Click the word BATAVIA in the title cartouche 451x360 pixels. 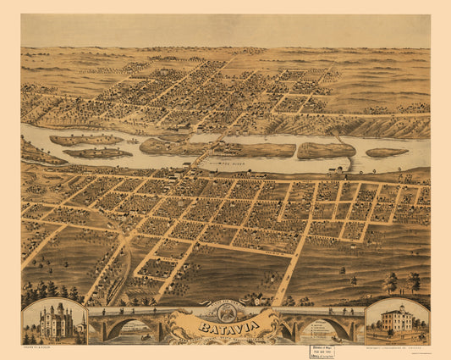pyautogui.click(x=224, y=324)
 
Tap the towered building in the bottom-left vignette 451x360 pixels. pyautogui.click(x=56, y=322)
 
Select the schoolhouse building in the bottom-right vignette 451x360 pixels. pyautogui.click(x=396, y=319)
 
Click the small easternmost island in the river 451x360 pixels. pyautogui.click(x=387, y=152)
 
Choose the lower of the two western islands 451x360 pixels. pyautogui.click(x=97, y=153)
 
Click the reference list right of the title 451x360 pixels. pyautogui.click(x=292, y=323)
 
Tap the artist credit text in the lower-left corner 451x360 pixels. pyautogui.click(x=39, y=347)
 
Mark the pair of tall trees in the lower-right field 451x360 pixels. pyautogui.click(x=402, y=282)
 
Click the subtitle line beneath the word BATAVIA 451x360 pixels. pyautogui.click(x=224, y=334)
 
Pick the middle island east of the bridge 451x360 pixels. pyautogui.click(x=326, y=151)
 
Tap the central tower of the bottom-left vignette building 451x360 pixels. pyautogui.click(x=56, y=312)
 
